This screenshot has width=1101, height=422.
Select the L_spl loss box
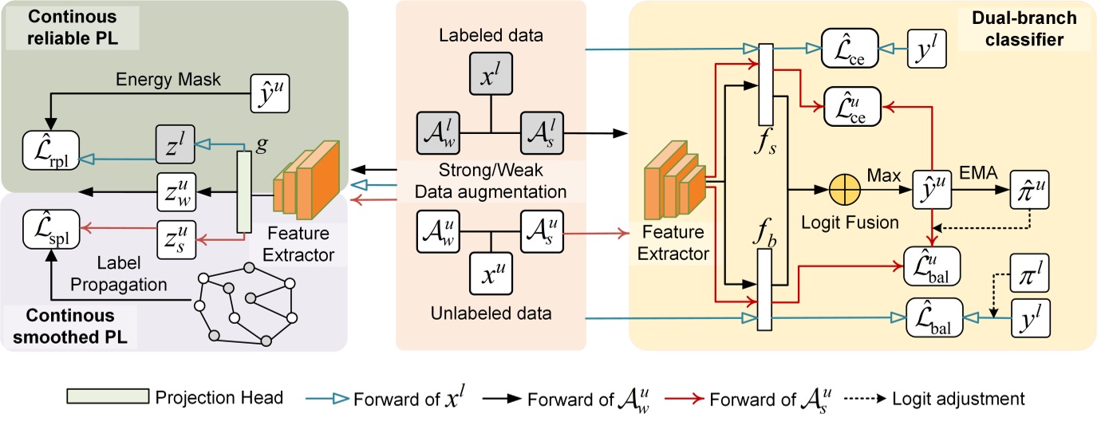click(x=52, y=223)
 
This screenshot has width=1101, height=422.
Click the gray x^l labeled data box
click(x=490, y=77)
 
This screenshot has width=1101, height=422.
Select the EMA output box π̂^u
click(x=1029, y=192)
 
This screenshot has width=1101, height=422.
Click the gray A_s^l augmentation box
click(x=541, y=128)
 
